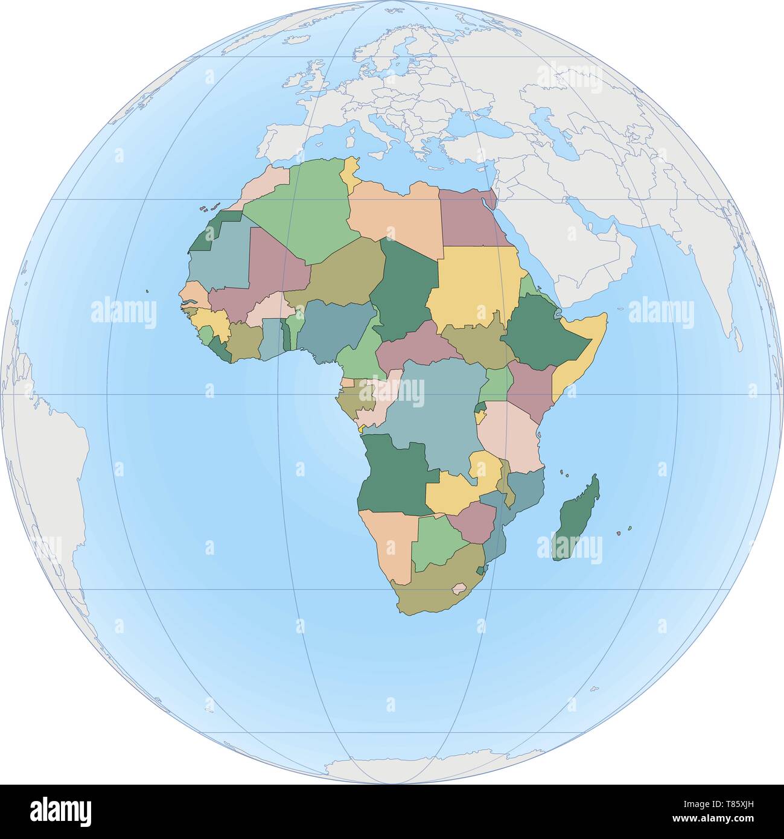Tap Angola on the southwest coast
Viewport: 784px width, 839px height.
(392, 477)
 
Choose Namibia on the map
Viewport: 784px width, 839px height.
(386, 543)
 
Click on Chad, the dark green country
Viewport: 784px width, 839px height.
(401, 290)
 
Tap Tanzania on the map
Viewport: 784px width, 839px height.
(507, 435)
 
